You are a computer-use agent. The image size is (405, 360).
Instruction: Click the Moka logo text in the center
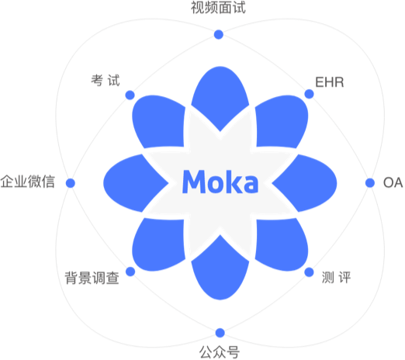(220, 182)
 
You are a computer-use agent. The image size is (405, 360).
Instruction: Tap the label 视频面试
(218, 8)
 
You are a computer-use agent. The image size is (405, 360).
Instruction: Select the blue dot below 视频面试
(219, 34)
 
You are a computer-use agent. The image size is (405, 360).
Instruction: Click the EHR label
(330, 82)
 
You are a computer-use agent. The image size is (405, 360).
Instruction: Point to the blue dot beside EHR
(309, 94)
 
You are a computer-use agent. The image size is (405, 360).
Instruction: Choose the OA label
(393, 182)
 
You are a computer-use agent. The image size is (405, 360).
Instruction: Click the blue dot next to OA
(370, 182)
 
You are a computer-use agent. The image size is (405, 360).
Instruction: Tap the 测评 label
(336, 278)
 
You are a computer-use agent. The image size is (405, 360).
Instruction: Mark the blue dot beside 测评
(309, 272)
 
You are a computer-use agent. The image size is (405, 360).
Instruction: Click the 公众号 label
(220, 352)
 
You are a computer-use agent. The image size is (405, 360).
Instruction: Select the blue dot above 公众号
(220, 333)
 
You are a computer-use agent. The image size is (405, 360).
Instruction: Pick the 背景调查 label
(92, 279)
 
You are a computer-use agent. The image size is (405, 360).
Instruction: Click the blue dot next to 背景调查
(130, 272)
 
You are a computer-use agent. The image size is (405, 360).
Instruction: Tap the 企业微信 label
(28, 182)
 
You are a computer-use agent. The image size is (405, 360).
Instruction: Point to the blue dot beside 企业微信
(71, 183)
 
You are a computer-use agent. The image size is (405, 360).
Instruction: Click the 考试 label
(106, 80)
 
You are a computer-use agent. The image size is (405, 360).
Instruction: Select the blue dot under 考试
(130, 95)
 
